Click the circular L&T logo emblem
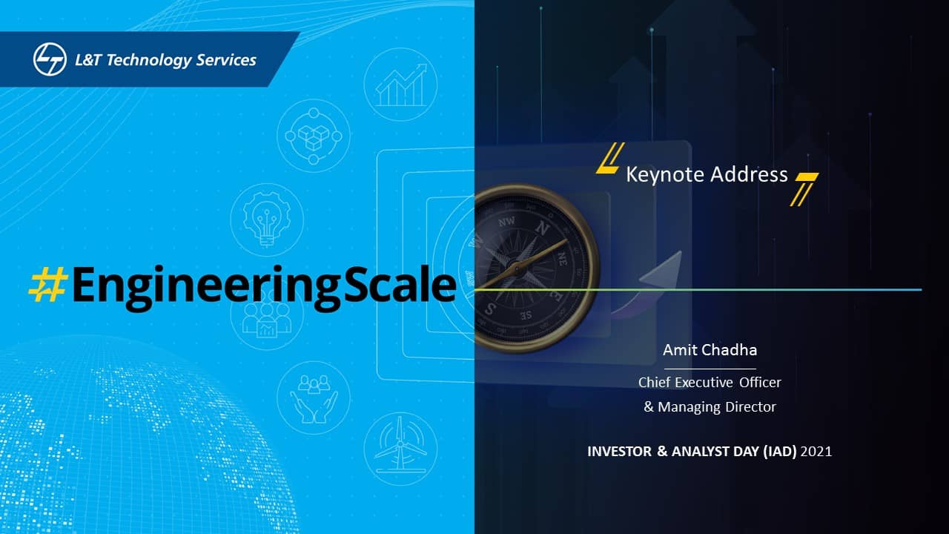pos(50,59)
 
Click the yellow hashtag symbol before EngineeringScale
pos(47,284)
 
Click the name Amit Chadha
pos(710,350)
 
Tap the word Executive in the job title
pos(704,382)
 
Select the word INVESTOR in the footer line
pos(619,452)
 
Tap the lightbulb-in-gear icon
pos(267,220)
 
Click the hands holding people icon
pos(314,398)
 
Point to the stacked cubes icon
pos(314,136)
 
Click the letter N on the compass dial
pos(542,228)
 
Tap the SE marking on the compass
pos(526,315)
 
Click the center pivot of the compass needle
pos(517,268)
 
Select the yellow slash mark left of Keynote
pos(610,158)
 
